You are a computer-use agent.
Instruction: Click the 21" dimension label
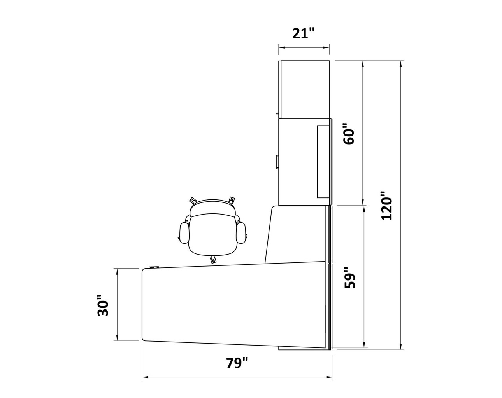click(x=304, y=33)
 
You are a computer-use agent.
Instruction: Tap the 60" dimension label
click(x=349, y=134)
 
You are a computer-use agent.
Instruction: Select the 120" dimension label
click(x=386, y=206)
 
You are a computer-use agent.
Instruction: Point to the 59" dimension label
click(x=350, y=278)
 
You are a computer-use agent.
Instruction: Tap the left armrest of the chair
click(x=184, y=233)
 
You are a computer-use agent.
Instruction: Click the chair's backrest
click(x=212, y=208)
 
